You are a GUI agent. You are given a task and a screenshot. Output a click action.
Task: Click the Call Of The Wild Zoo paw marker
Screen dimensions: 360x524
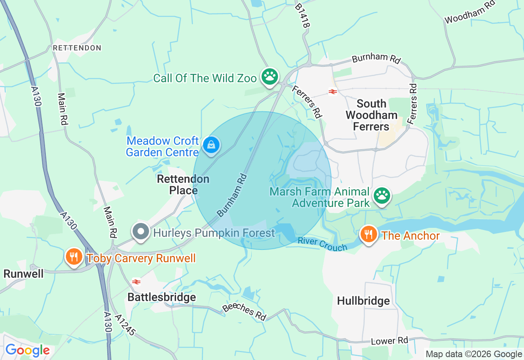pyautogui.click(x=270, y=76)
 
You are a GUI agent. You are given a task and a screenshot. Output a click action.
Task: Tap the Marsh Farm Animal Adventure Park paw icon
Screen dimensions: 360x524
pyautogui.click(x=382, y=196)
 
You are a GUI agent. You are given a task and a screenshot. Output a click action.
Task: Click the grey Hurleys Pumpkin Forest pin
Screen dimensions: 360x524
pyautogui.click(x=141, y=232)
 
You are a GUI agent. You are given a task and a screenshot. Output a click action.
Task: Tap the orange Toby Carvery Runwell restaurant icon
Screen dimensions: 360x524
pyautogui.click(x=74, y=257)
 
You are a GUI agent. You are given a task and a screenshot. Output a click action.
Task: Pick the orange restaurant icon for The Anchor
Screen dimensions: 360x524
pyautogui.click(x=369, y=234)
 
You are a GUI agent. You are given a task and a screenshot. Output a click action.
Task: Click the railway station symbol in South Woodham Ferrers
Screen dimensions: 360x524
pyautogui.click(x=333, y=92)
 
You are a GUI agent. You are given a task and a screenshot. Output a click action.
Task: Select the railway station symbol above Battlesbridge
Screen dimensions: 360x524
pyautogui.click(x=136, y=281)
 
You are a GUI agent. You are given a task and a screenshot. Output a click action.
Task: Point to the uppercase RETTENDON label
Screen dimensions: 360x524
pyautogui.click(x=77, y=48)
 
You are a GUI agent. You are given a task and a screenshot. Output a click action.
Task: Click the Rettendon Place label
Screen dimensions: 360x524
pyautogui.click(x=183, y=184)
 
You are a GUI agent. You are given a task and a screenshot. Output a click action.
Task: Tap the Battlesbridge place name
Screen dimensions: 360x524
pyautogui.click(x=162, y=297)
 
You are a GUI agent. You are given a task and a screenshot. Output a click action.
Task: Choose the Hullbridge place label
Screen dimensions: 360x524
pyautogui.click(x=363, y=301)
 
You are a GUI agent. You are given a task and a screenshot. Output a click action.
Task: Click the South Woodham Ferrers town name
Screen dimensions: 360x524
pyautogui.click(x=371, y=115)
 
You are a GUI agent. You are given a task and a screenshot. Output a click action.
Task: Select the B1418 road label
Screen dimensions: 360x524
pyautogui.click(x=303, y=16)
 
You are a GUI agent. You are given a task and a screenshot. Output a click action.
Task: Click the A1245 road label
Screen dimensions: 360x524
pyautogui.click(x=125, y=326)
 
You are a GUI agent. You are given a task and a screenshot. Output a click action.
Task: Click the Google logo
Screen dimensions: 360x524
pyautogui.click(x=27, y=350)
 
